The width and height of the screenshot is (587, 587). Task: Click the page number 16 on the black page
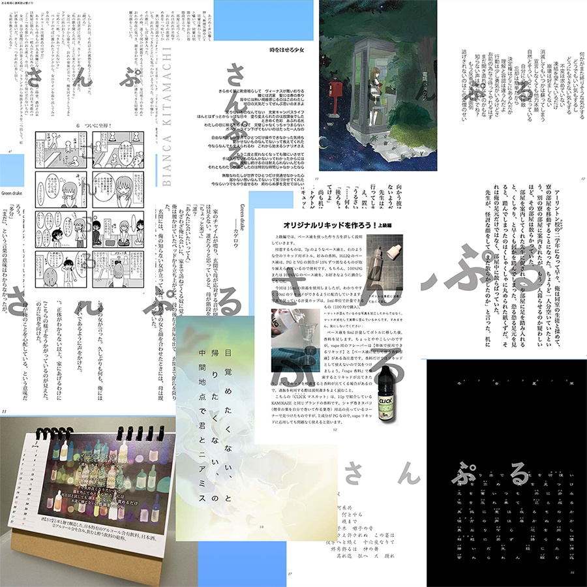coord(572,574)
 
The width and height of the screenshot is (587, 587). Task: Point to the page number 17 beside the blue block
coord(289,575)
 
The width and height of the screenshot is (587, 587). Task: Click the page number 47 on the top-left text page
coord(8,151)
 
